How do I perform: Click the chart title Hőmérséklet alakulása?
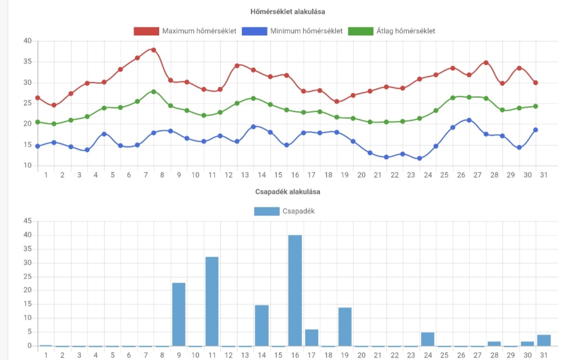(x=287, y=12)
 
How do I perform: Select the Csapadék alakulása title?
(x=287, y=192)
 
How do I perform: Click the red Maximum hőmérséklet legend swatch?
(x=146, y=31)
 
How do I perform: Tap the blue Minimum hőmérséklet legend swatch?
(x=254, y=31)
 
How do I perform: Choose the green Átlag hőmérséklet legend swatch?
(x=360, y=31)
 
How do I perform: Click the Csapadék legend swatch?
(x=267, y=211)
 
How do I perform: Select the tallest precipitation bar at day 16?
(x=295, y=291)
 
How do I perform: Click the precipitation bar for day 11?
(x=212, y=301)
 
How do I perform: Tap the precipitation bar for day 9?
(x=179, y=315)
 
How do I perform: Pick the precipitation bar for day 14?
(x=261, y=326)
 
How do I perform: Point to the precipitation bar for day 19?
(x=345, y=327)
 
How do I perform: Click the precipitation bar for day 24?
(x=428, y=339)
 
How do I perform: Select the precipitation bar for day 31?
(x=544, y=341)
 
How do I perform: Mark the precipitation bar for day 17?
(x=312, y=338)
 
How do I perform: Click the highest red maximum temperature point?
(x=154, y=50)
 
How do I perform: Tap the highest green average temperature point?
(x=154, y=92)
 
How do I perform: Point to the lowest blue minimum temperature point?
(x=419, y=159)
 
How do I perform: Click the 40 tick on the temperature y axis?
(x=28, y=41)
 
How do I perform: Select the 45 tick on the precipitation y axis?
(x=28, y=221)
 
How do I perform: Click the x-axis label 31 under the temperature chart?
(x=544, y=175)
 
